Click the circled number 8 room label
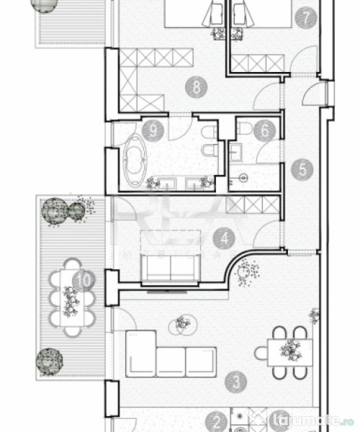point(196,87)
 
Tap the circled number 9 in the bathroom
point(152,130)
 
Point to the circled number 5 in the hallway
point(303,169)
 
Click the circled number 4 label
point(224,239)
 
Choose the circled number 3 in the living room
point(236,382)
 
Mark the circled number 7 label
point(305,17)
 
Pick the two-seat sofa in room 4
point(169,268)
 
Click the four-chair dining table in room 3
point(289,352)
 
